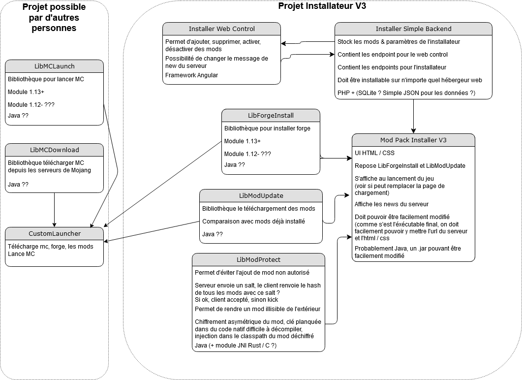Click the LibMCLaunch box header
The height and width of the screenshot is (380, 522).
(x=55, y=66)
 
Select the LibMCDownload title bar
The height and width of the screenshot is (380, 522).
(x=55, y=150)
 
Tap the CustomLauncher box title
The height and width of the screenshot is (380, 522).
(x=55, y=233)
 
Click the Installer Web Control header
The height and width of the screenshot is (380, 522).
(x=222, y=29)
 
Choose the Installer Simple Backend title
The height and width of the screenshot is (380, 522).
(x=413, y=29)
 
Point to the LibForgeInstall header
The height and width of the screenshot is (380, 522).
(x=271, y=115)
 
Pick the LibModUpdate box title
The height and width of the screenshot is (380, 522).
(x=261, y=195)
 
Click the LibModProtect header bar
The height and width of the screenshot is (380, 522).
(x=258, y=259)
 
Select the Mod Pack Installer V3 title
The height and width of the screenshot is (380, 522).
(x=413, y=140)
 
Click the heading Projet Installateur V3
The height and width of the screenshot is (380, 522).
(x=322, y=6)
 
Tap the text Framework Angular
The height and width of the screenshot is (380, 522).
(x=191, y=75)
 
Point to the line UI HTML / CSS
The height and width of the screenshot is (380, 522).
(x=374, y=153)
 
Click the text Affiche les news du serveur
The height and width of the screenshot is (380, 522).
(x=392, y=204)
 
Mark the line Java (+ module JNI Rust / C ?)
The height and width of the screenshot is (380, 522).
(x=236, y=346)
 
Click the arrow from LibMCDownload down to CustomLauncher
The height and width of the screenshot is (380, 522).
(x=54, y=209)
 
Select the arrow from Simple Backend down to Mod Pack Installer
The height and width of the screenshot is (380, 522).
(x=413, y=116)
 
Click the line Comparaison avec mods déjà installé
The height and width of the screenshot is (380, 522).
(x=253, y=222)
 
